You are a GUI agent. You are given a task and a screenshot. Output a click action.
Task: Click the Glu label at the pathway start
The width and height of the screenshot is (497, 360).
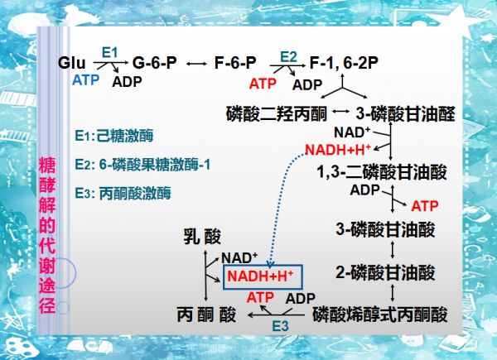(x=71, y=63)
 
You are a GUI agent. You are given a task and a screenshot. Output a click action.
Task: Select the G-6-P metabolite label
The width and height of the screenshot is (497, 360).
(x=155, y=62)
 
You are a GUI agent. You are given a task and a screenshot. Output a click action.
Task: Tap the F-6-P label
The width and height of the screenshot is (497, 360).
(x=235, y=62)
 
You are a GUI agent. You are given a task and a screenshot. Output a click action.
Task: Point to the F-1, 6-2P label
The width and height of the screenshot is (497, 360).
(x=344, y=63)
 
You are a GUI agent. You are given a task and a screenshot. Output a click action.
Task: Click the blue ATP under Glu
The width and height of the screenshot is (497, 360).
(x=85, y=80)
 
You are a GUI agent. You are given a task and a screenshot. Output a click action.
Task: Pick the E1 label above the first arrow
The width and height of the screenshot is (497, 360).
(x=109, y=53)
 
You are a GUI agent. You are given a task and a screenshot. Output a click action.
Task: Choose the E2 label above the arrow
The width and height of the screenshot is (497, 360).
(x=288, y=57)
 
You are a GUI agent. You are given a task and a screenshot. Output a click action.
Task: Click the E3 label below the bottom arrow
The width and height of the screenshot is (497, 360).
(x=280, y=326)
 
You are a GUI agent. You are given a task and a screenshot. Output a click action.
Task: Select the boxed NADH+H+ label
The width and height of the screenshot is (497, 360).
(x=261, y=276)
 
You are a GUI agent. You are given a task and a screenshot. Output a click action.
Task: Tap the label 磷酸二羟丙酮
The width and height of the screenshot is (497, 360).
(x=277, y=113)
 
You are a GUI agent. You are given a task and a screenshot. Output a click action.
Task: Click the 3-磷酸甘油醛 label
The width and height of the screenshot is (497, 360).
(x=405, y=113)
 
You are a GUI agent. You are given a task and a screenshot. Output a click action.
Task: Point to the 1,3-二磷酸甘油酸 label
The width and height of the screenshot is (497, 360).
(x=382, y=172)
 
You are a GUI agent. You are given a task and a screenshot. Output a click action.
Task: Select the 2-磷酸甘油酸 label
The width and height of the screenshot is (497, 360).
(x=385, y=273)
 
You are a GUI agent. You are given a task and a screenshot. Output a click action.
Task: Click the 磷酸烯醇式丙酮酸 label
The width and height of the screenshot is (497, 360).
(x=380, y=314)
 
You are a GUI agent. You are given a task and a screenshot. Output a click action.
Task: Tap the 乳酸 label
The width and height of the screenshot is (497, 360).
(x=202, y=237)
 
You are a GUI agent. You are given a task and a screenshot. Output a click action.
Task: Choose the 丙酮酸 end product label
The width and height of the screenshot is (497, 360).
(x=206, y=315)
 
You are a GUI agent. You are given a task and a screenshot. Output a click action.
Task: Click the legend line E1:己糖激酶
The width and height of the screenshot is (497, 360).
(x=114, y=136)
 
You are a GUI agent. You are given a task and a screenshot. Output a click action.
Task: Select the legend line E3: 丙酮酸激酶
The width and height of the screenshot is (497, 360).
(x=123, y=193)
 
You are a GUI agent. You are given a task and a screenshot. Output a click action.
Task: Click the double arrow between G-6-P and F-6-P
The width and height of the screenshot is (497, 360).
(x=196, y=64)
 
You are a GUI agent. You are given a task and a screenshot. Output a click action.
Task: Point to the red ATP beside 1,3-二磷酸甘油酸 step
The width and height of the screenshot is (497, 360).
(x=425, y=206)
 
